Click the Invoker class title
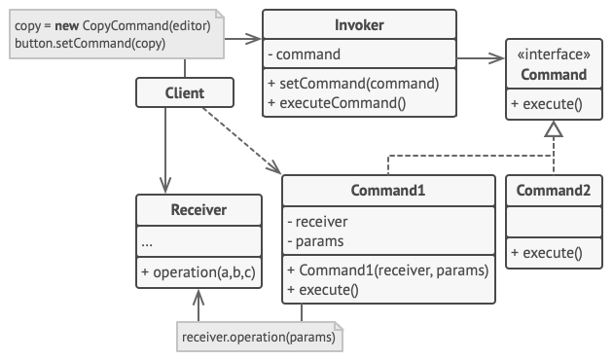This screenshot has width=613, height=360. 359,25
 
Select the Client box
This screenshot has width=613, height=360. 185,92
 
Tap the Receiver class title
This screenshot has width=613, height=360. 198,210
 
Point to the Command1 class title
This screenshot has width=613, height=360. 388,191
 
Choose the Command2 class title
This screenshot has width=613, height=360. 554,191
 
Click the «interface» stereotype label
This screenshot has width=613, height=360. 554,54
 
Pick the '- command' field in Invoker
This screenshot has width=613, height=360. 305,54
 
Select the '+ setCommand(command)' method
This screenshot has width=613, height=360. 353,84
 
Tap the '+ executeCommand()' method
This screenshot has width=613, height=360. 337,103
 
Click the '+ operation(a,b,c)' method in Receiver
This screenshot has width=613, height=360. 198,272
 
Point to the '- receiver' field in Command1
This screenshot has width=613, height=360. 317,222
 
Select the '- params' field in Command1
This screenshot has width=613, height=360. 315,241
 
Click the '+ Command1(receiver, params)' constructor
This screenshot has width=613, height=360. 388,270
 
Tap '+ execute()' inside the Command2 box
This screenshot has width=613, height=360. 547,253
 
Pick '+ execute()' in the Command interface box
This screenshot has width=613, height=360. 547,104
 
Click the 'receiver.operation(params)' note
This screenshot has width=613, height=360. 260,337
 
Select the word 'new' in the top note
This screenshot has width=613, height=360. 67,26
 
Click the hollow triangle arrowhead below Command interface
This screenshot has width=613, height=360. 554,129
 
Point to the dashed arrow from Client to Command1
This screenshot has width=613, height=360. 241,140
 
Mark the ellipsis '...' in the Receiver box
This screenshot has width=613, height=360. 147,244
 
